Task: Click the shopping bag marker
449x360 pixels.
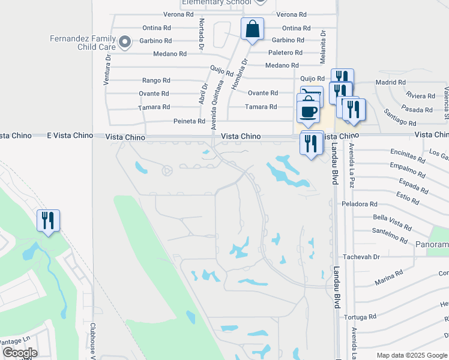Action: click(252, 28)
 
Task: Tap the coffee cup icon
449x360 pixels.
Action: click(309, 112)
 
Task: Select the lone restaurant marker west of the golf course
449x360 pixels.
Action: click(48, 220)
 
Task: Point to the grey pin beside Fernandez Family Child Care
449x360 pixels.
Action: click(125, 41)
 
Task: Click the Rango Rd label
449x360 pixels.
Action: click(156, 80)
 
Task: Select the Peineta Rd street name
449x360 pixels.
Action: click(190, 121)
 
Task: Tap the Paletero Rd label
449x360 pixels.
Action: click(286, 53)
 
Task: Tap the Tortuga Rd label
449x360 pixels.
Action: click(360, 317)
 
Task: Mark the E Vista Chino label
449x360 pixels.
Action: click(70, 136)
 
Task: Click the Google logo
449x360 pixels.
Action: click(20, 353)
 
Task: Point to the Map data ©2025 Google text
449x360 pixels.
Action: click(412, 355)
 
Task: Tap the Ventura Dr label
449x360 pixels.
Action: click(107, 70)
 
